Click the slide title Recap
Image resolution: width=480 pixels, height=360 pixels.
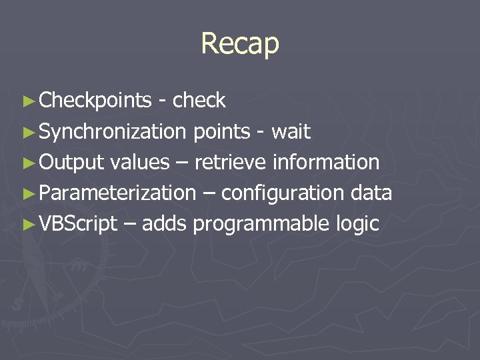[240, 44]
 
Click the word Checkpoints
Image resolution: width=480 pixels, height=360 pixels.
[95, 101]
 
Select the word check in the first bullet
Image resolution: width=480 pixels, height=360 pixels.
[199, 101]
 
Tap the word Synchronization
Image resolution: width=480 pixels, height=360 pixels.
[113, 131]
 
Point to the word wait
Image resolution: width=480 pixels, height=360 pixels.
[291, 131]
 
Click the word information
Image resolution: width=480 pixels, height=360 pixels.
[326, 162]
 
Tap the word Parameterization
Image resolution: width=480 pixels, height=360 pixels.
[117, 193]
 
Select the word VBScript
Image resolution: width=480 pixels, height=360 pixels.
[78, 223]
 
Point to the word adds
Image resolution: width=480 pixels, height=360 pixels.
[164, 223]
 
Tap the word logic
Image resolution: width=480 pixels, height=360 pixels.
[357, 223]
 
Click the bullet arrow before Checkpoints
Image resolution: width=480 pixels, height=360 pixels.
[27, 101]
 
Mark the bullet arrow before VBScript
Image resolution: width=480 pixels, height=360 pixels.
[27, 224]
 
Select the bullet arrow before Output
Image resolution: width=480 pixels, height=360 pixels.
[27, 163]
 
